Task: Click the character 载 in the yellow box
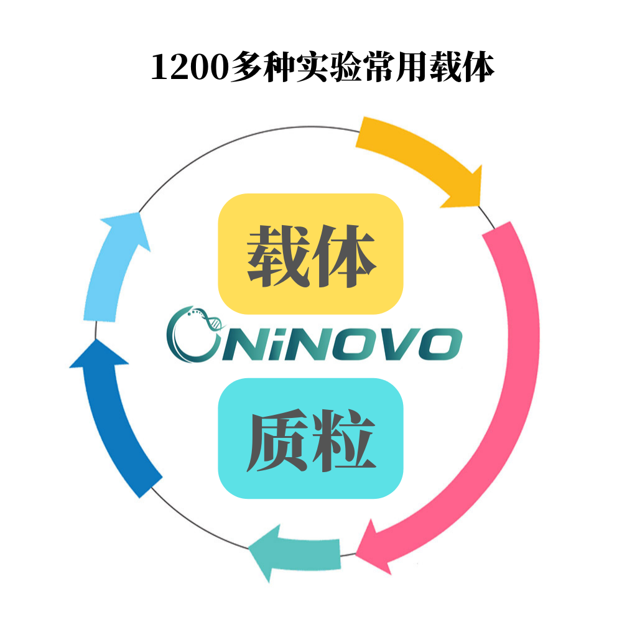[277, 256]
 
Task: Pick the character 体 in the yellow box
[346, 256]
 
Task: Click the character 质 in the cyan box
[277, 442]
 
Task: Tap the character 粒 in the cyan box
[346, 442]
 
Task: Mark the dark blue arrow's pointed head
[93, 355]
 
